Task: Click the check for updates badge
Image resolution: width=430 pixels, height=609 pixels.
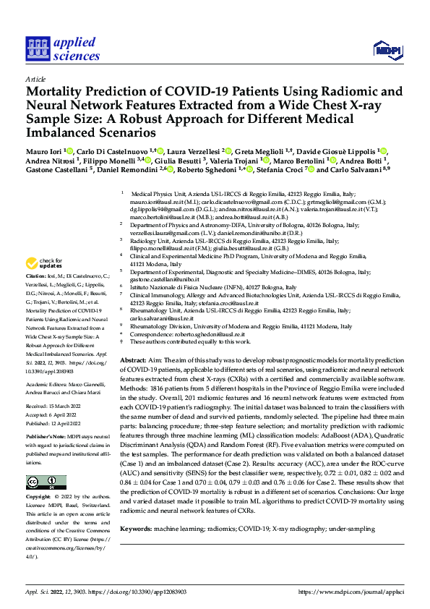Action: pyautogui.click(x=46, y=264)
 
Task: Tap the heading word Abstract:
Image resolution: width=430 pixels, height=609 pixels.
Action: pyautogui.click(x=134, y=360)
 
